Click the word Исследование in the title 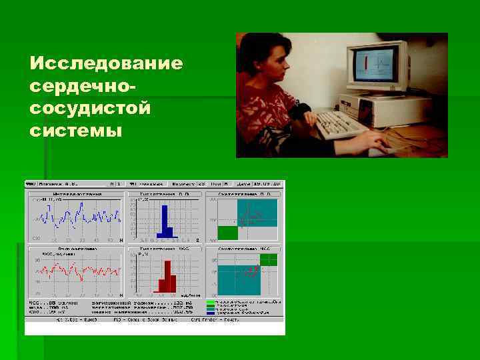coord(106,64)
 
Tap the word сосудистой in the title coord(91,108)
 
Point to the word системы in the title coord(76,130)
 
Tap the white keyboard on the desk coord(341,123)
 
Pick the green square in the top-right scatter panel coord(227,232)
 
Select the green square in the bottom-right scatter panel coord(269,259)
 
